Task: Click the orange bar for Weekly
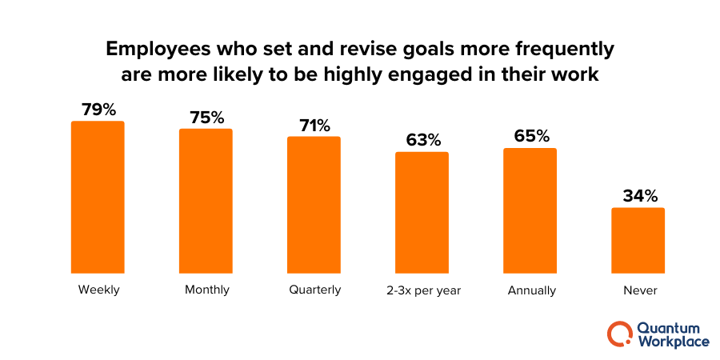pos(98,197)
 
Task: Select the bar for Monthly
pos(206,201)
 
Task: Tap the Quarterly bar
pos(314,205)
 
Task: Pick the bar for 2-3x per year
pos(422,212)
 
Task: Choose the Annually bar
pos(530,210)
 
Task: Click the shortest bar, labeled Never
pos(638,240)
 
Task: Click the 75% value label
pos(206,117)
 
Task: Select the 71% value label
pos(314,125)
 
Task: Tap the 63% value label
pos(422,140)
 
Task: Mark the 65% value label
pos(530,136)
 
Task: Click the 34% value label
pos(638,196)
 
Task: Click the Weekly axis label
pos(98,290)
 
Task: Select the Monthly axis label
pos(206,290)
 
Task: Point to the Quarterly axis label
pos(314,290)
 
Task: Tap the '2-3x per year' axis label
pos(422,290)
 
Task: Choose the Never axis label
pos(638,290)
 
